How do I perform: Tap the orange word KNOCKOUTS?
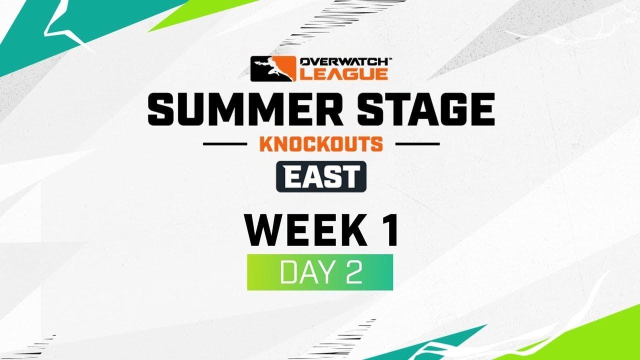[x=321, y=144]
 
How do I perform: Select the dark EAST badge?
[x=321, y=176]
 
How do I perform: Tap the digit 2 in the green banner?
[x=353, y=272]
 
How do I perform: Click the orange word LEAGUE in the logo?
[x=343, y=74]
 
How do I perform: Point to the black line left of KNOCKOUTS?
[x=225, y=144]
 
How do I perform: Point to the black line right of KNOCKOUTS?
[x=417, y=144]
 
